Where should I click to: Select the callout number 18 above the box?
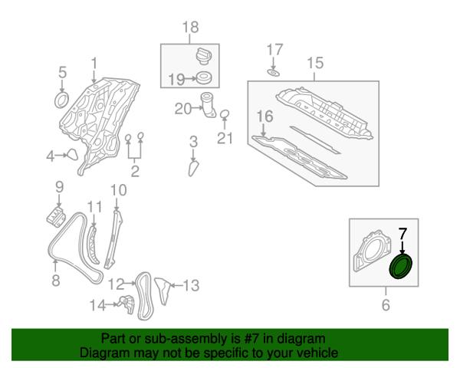190,27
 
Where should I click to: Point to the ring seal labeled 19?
204,77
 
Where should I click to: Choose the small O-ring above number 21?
225,114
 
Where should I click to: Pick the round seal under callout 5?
62,100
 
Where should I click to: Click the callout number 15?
315,63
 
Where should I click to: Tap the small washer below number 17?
273,73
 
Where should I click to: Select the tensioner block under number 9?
56,216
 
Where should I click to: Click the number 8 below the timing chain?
56,280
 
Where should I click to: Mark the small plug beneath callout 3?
193,169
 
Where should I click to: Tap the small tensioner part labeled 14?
127,304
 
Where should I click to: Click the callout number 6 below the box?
386,304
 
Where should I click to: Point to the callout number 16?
265,117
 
